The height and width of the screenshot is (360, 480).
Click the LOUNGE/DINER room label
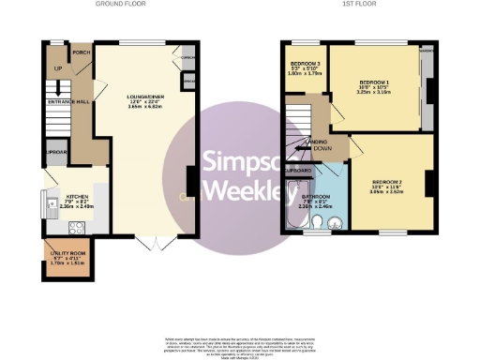(x=146, y=96)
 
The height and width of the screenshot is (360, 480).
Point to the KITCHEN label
(x=77, y=197)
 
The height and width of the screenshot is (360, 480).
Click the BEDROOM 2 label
(x=386, y=180)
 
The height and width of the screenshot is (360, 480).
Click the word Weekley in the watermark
(x=243, y=192)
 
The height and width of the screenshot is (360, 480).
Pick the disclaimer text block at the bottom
(x=239, y=343)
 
